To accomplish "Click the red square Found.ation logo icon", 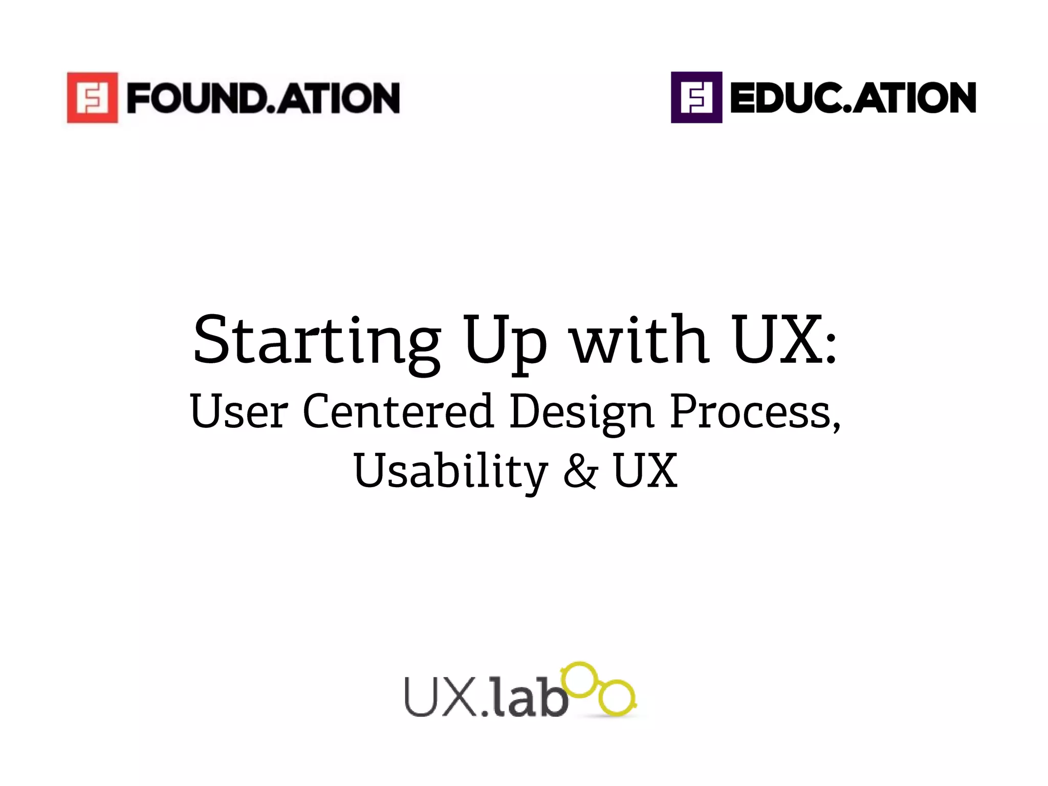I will pos(93,97).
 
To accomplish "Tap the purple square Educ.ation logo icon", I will pos(696,97).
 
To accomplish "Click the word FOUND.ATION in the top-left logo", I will pos(263,98).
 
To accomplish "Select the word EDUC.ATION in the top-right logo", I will pos(853,98).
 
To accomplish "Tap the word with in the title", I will pos(640,340).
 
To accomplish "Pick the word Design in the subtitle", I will pos(582,412).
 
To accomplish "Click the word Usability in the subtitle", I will pos(450,471).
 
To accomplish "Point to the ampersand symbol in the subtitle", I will pos(580,471).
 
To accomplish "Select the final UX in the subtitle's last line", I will pos(645,471).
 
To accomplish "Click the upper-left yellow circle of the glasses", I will pos(580,680).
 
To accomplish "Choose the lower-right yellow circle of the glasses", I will pos(617,697).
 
